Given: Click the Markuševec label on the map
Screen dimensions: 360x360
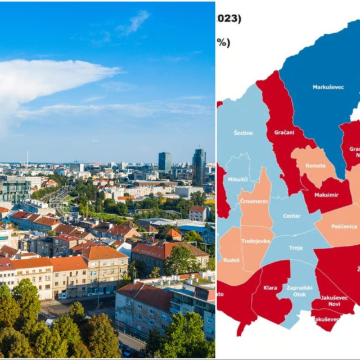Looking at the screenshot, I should pos(328,87).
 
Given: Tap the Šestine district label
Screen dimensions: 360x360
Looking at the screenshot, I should pos(243,133).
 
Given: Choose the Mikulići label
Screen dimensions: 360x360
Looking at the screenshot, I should pos(238,179).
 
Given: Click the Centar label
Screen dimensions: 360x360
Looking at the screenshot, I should pos(291,215).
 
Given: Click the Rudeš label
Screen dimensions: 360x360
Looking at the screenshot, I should pos(231,260).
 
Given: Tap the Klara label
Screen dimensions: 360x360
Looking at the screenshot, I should pos(270,288).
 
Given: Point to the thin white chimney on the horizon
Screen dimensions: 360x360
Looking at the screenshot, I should pos(27,157).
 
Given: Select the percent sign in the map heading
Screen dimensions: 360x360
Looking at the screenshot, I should pos(223,43).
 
